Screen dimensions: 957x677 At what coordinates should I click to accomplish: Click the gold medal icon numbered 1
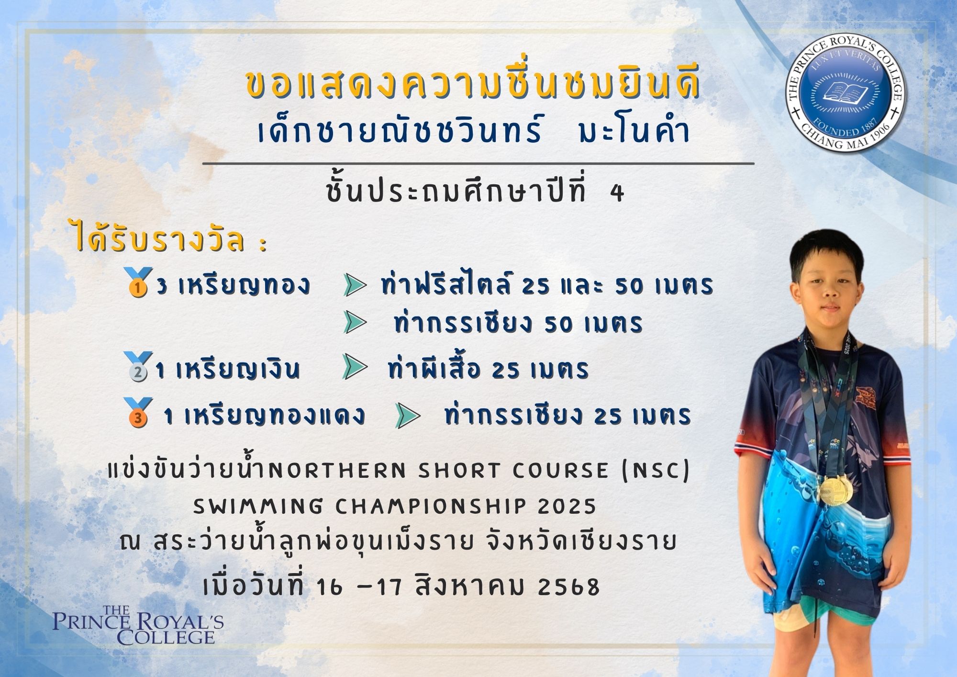click(138, 282)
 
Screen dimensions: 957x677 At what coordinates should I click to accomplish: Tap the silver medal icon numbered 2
click(138, 367)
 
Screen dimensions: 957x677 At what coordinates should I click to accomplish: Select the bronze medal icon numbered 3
click(138, 412)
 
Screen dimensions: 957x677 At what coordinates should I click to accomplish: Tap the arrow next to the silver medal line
click(356, 368)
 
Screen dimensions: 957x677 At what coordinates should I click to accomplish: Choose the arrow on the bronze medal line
click(408, 416)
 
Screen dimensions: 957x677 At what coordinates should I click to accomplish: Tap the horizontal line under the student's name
click(478, 164)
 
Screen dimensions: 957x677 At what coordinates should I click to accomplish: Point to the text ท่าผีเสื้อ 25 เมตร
click(488, 369)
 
